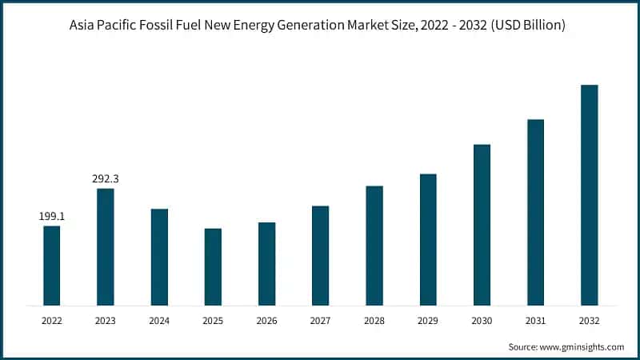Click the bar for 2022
(51, 265)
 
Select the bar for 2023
(105, 246)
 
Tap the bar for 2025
(213, 266)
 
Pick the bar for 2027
(320, 255)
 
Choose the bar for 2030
(482, 225)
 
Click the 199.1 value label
(51, 216)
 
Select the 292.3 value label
(105, 178)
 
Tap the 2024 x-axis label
(158, 320)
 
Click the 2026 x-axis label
(266, 320)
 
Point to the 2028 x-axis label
(374, 320)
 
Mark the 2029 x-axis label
(428, 320)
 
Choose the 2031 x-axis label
(535, 320)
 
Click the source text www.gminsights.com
(583, 346)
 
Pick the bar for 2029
(428, 239)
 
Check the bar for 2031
(535, 212)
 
